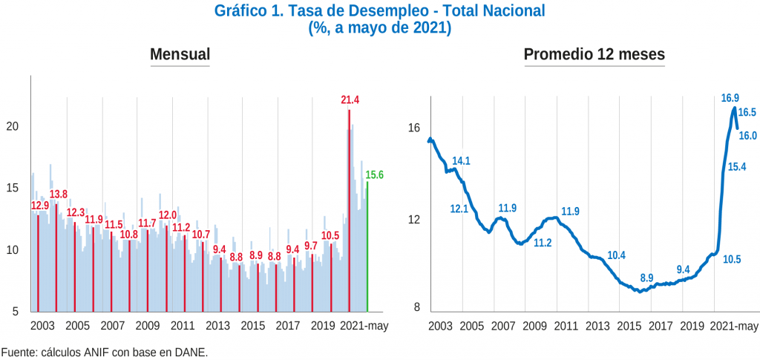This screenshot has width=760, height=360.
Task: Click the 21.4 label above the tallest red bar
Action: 350,100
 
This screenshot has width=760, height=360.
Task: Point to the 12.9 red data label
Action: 40,206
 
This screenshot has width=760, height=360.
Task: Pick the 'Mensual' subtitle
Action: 180,54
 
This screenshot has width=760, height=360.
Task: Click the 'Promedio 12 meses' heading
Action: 594,54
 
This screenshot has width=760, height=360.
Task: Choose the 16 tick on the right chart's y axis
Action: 413,128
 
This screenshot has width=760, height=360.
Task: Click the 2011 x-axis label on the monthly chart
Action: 183,325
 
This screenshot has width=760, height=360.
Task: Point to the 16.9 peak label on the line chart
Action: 730,98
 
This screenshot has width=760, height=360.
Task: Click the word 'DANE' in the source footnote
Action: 191,352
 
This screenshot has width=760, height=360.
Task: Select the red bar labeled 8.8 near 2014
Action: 240,286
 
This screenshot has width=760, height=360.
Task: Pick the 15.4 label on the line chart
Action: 737,167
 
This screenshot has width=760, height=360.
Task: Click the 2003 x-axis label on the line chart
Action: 440,325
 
